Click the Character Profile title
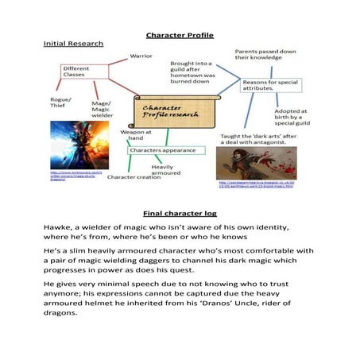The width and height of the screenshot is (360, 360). click(180, 35)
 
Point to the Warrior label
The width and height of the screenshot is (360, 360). click(142, 57)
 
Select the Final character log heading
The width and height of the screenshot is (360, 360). click(180, 214)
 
